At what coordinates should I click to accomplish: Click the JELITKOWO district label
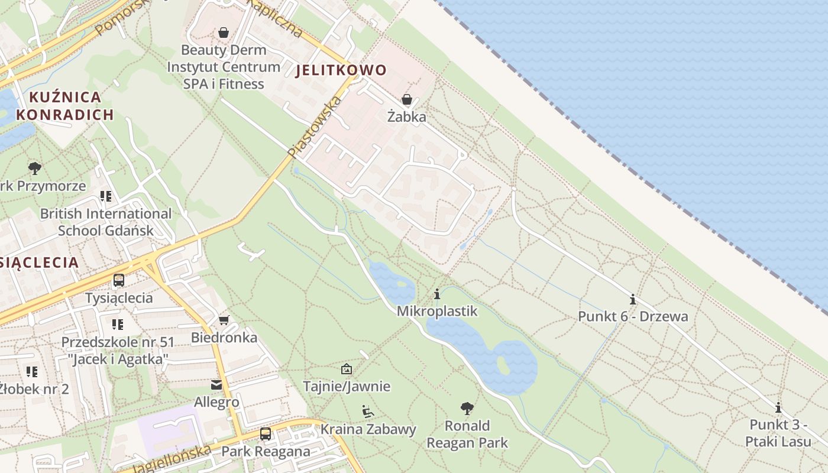pos(341,70)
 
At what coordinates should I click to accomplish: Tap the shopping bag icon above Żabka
pos(407,99)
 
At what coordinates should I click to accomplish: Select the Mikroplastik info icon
pos(437,294)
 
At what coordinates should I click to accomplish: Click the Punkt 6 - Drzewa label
pos(633,316)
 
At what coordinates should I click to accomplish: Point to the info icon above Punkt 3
pos(778,407)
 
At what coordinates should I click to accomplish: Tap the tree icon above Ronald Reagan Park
pos(467,408)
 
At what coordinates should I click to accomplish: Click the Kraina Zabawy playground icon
pos(368,411)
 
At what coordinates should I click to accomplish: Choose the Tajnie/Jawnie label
pos(347,387)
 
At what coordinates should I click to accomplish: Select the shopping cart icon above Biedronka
pos(224,320)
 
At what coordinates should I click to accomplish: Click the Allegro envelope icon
pos(216,385)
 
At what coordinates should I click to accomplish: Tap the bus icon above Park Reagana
pos(266,434)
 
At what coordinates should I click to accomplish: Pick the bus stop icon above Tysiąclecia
pos(119,280)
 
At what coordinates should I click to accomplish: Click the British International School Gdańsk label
pos(106,222)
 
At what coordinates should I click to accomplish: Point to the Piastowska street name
pos(315,128)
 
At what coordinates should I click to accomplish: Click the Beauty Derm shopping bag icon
pos(224,33)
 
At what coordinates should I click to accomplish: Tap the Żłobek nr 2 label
pos(34,389)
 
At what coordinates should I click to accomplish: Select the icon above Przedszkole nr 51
pos(118,324)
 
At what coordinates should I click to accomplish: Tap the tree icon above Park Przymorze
pos(35,169)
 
